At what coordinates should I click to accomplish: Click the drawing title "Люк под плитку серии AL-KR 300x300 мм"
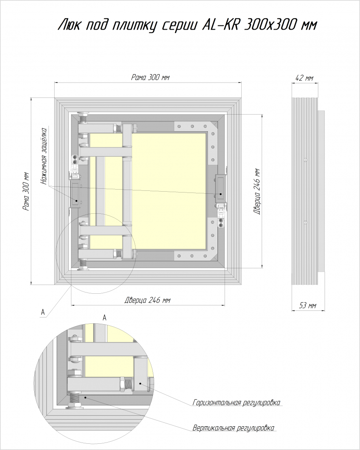[x=187, y=25]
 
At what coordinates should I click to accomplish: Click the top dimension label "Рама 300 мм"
[x=150, y=77]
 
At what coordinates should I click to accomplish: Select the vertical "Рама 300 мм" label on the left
[x=26, y=191]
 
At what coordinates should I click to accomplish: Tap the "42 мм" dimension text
[x=305, y=78]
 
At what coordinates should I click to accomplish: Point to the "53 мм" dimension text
[x=308, y=306]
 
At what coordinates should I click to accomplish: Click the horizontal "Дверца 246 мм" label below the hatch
[x=148, y=300]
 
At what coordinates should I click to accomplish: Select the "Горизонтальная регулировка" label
[x=236, y=402]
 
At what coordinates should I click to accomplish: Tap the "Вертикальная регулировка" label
[x=233, y=428]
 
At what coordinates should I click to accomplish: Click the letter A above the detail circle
[x=105, y=317]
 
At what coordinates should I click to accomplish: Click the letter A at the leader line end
[x=43, y=312]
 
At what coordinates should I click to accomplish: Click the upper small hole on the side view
[x=306, y=160]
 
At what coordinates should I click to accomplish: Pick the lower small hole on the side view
[x=306, y=222]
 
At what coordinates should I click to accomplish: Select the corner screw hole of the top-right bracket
[x=205, y=126]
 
